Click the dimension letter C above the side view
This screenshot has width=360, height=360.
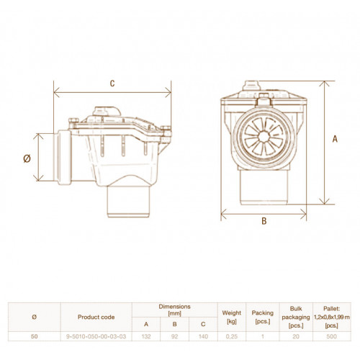coord(112,84)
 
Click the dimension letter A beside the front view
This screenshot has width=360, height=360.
coord(335,139)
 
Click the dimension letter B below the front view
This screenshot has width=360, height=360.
coord(264,221)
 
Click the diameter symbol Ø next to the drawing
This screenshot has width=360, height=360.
coord(27,158)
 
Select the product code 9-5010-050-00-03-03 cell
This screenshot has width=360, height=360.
coord(96,336)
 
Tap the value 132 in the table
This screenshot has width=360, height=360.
coord(146,336)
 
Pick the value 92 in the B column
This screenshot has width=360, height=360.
coord(174,336)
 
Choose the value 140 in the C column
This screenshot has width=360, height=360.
coord(203,336)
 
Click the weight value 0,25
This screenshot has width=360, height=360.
coord(232,336)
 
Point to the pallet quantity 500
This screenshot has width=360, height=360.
coord(332,336)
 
